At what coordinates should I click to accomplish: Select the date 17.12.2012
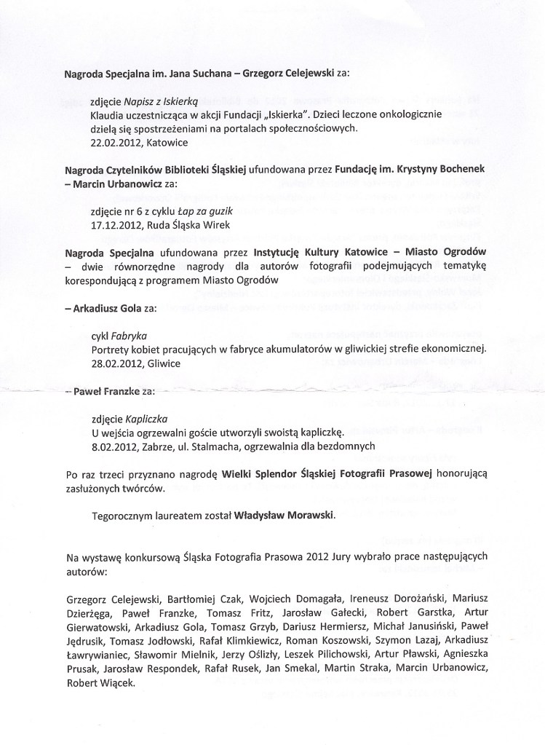(x=116, y=225)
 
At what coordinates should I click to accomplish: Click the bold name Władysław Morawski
(x=285, y=516)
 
